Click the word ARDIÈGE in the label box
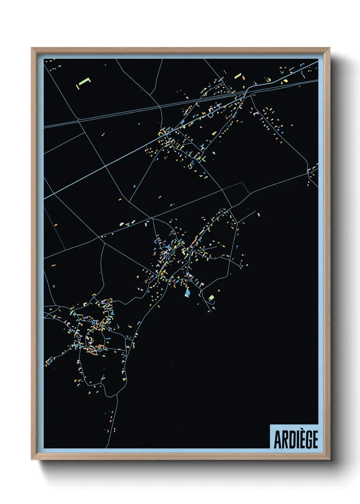point(296,439)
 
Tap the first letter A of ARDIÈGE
point(278,440)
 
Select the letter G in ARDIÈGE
point(308,440)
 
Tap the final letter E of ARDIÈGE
point(315,440)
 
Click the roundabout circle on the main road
point(211,115)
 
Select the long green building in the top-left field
point(83,82)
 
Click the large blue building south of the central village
point(187,292)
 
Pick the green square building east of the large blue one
point(211,298)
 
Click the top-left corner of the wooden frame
point(32,48)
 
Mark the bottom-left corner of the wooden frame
point(32,459)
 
